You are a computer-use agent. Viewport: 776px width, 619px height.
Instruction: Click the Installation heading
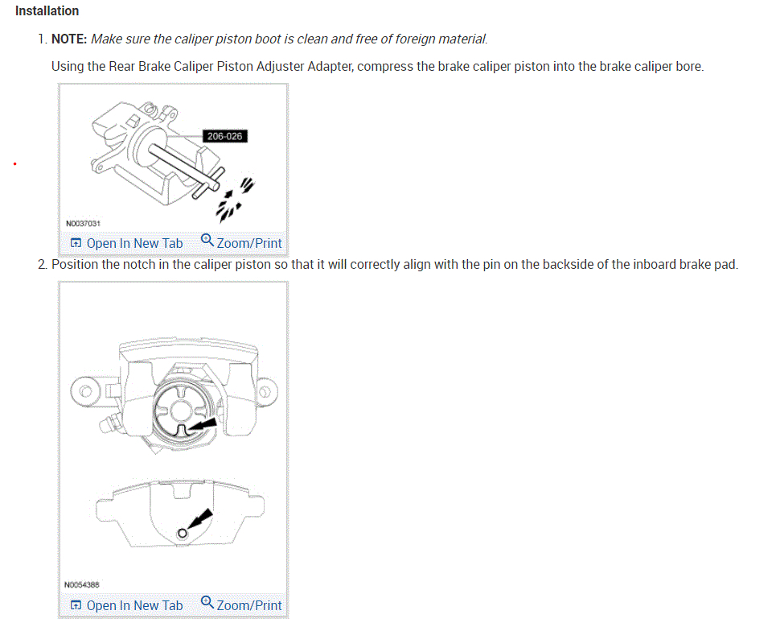47,11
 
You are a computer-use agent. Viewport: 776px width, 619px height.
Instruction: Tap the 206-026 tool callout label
224,136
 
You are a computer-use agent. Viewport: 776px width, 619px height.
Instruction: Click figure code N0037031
82,223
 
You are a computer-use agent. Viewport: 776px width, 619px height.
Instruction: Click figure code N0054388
82,585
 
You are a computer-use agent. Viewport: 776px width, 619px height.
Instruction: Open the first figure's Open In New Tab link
133,243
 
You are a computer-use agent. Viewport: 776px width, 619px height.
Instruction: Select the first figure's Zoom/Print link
249,243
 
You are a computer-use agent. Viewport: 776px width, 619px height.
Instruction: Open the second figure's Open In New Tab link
133,605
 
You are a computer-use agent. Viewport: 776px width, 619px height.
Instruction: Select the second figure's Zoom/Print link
249,605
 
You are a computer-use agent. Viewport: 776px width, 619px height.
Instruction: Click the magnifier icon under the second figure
207,603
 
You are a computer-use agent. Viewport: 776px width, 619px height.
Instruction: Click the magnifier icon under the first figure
207,241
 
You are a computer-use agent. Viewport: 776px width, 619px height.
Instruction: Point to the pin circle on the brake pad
183,533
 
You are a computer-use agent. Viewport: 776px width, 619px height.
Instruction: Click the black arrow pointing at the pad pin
202,517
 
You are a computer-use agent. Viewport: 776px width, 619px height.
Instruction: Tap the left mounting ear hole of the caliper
85,394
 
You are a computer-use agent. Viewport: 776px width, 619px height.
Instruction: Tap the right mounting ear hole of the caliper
264,393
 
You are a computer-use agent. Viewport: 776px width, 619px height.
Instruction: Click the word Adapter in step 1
327,66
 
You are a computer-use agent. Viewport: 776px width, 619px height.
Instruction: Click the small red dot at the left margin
14,164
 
